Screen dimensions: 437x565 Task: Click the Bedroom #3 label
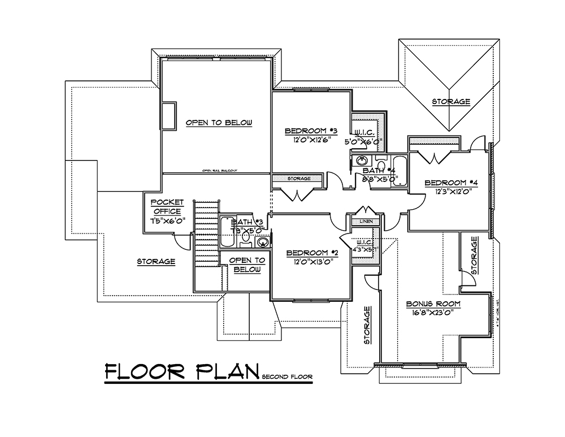point(311,131)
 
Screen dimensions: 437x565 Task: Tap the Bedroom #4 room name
point(451,183)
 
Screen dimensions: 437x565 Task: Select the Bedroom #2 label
point(312,253)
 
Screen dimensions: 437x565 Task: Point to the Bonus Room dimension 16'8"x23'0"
point(433,313)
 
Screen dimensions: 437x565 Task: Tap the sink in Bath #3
point(263,242)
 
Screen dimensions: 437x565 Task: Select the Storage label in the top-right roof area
point(451,102)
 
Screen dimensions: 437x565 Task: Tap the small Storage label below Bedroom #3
point(299,179)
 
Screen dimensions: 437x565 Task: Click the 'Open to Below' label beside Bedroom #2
point(247,265)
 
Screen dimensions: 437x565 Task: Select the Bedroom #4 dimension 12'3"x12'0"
point(451,192)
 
